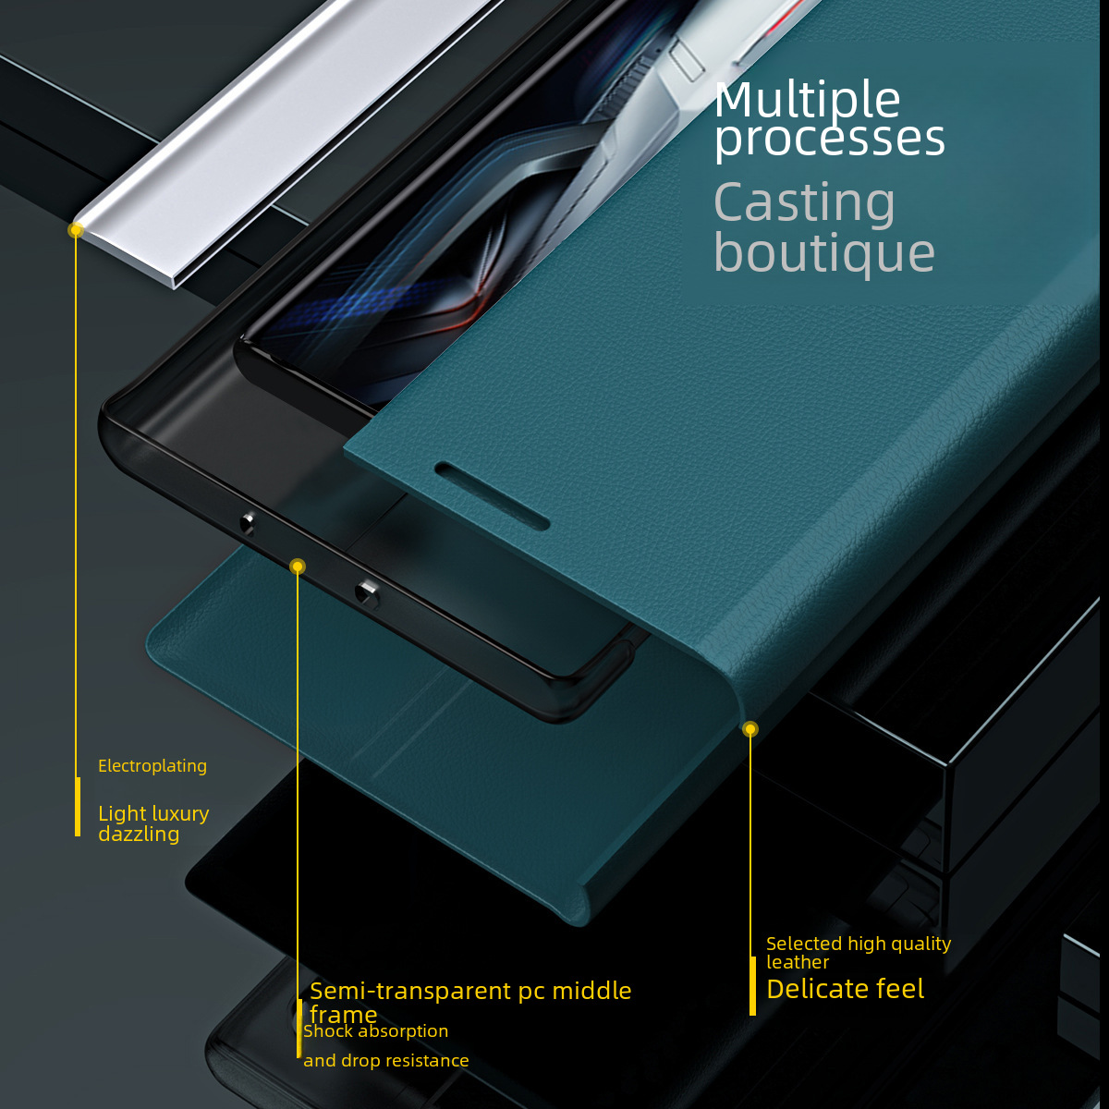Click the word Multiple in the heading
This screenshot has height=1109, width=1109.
click(x=807, y=100)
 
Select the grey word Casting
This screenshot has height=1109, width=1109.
click(x=804, y=203)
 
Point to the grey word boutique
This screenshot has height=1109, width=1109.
click(x=823, y=253)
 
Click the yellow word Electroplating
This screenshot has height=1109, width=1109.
click(x=152, y=766)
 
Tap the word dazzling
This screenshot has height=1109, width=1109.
click(x=139, y=834)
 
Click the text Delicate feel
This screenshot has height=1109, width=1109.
click(x=845, y=989)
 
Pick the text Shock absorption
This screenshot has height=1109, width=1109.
click(x=376, y=1031)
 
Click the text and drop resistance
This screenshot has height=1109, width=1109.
click(x=386, y=1061)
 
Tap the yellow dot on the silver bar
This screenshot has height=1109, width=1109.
click(x=76, y=229)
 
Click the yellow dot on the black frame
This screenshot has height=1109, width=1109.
click(x=297, y=567)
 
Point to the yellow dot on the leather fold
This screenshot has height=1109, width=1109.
click(x=750, y=729)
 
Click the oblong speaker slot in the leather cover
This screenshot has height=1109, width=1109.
click(x=492, y=495)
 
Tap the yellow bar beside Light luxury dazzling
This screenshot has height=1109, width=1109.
click(x=78, y=807)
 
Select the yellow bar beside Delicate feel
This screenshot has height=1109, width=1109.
click(x=752, y=985)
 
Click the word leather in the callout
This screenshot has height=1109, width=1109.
click(x=798, y=962)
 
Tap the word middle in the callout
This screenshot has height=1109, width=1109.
click(x=591, y=991)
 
